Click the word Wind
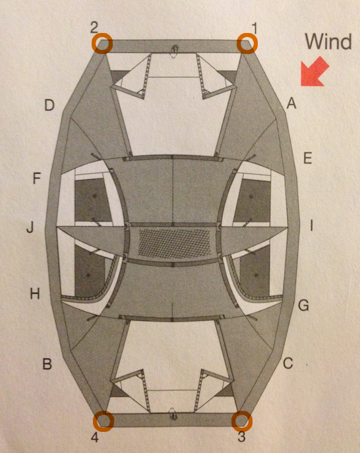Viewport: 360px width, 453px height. (x=328, y=42)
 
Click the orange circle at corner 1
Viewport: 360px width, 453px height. (x=247, y=44)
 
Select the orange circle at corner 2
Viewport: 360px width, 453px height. (x=102, y=44)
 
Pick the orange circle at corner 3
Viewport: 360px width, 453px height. (x=242, y=421)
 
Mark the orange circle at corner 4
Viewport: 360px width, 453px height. (x=104, y=421)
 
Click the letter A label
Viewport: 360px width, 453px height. (x=291, y=103)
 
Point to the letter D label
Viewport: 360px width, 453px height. (x=49, y=105)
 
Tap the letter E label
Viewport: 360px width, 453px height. (x=308, y=158)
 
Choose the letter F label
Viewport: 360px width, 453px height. (x=37, y=178)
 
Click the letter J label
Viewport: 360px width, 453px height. (x=30, y=227)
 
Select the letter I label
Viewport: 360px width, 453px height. (x=311, y=226)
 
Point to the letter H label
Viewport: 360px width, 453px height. (x=35, y=294)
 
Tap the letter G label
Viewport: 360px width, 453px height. (x=304, y=305)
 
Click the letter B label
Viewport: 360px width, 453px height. (x=47, y=364)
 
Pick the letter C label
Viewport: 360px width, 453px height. (x=288, y=363)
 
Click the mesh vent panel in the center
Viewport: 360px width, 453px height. (x=175, y=242)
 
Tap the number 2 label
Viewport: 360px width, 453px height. (x=94, y=28)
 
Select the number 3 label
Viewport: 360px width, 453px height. (x=241, y=437)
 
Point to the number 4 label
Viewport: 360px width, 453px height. (x=95, y=438)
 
